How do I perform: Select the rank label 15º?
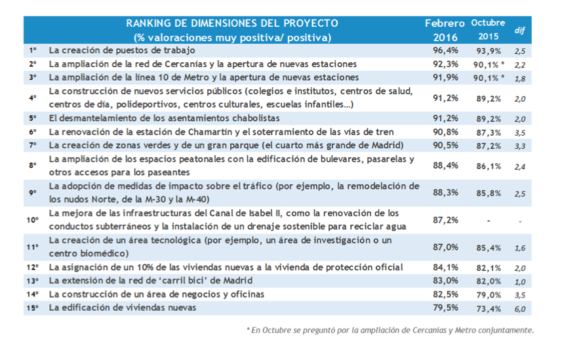click(33, 308)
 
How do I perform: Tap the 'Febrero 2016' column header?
click(445, 30)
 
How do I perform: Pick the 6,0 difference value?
click(520, 308)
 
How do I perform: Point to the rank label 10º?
click(33, 220)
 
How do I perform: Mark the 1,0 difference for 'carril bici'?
click(520, 280)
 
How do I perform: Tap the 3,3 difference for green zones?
click(520, 145)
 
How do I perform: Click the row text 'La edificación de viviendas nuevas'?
click(123, 308)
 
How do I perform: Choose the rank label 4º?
click(33, 98)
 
